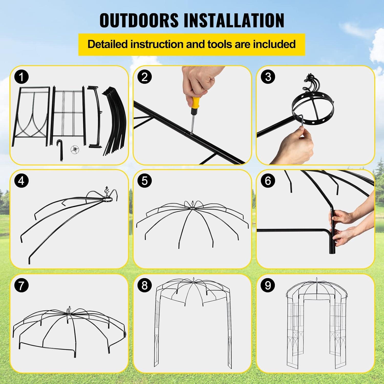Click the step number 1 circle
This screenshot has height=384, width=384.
pyautogui.click(x=22, y=77)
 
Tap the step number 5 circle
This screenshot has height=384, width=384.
pyautogui.click(x=145, y=181)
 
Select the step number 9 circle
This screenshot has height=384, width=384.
pyautogui.click(x=268, y=285)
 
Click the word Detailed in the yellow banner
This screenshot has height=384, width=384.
pyautogui.click(x=107, y=44)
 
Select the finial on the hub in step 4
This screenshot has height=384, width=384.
pyautogui.click(x=107, y=191)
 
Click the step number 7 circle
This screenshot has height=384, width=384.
pyautogui.click(x=22, y=285)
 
